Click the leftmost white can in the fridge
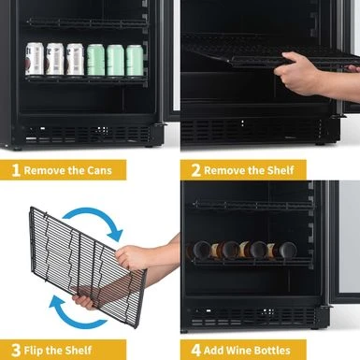coord(35,59)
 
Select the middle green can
coord(114,60)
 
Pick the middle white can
coord(54,59)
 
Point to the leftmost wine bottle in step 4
coord(201,251)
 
